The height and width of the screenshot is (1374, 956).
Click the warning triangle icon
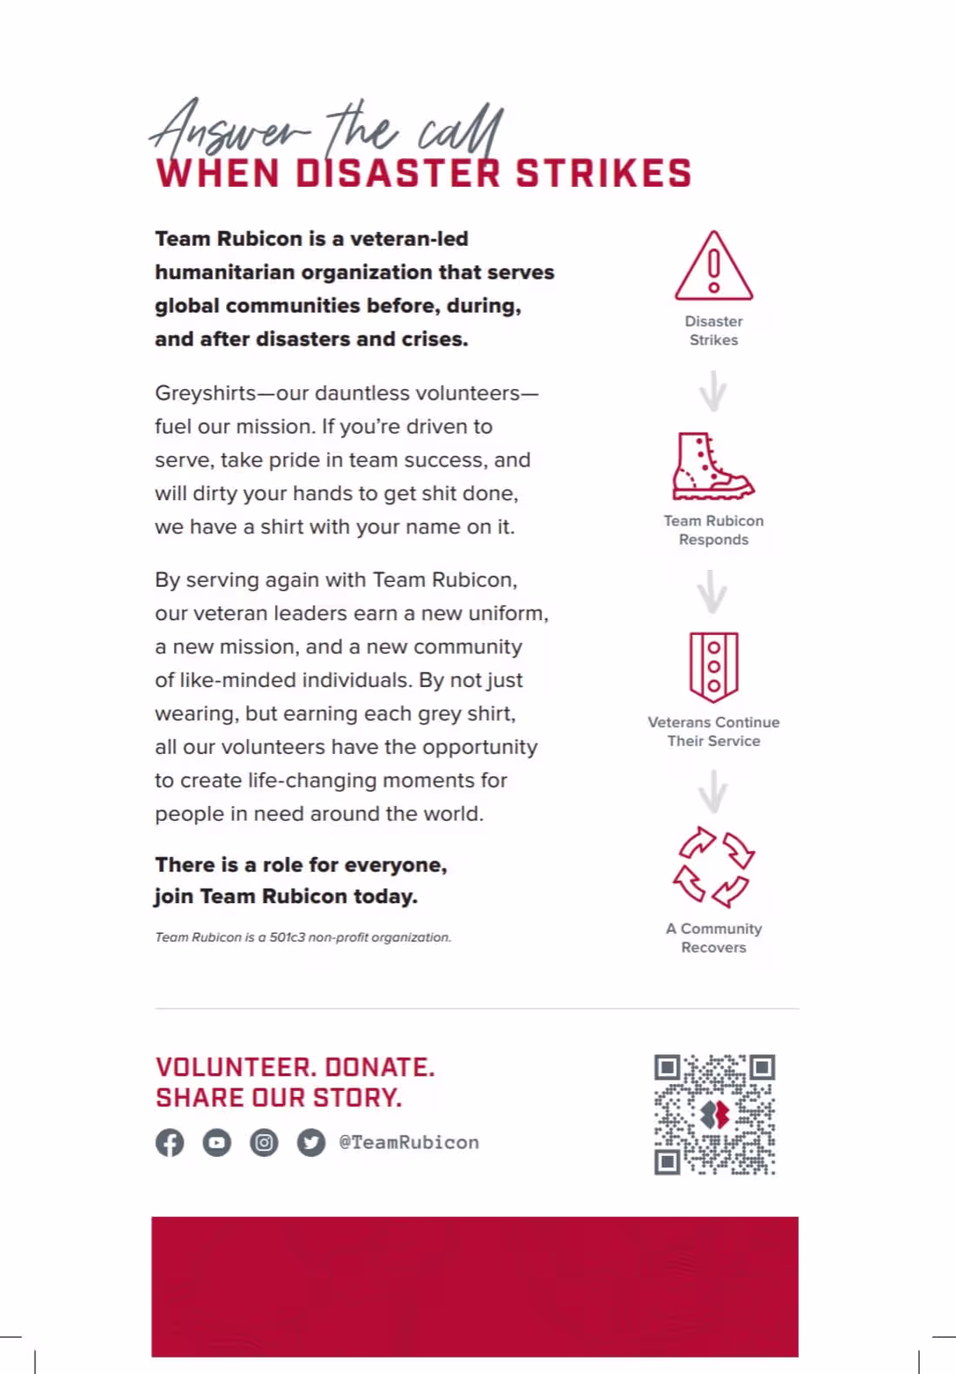pyautogui.click(x=714, y=268)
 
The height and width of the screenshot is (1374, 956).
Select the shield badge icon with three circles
pyautogui.click(x=714, y=666)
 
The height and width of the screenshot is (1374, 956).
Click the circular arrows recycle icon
pyautogui.click(x=714, y=866)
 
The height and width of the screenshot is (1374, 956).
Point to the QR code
pyautogui.click(x=714, y=1114)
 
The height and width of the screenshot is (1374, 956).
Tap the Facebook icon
pyautogui.click(x=170, y=1142)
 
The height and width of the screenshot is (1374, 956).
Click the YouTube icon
pyautogui.click(x=217, y=1142)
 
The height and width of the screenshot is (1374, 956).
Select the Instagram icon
pyautogui.click(x=264, y=1142)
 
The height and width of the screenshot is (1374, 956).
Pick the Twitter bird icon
pyautogui.click(x=311, y=1142)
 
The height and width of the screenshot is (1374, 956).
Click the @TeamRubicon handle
pyautogui.click(x=409, y=1142)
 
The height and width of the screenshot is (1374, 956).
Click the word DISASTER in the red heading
pyautogui.click(x=398, y=174)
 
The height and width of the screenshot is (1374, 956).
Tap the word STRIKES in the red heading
pyautogui.click(x=604, y=174)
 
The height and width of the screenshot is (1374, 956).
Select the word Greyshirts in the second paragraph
pyautogui.click(x=205, y=393)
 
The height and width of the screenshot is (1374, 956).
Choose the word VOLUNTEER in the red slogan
pyautogui.click(x=236, y=1067)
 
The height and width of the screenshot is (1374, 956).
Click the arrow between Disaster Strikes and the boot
pyautogui.click(x=713, y=391)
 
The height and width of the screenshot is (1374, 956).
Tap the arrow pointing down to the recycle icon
pyautogui.click(x=713, y=791)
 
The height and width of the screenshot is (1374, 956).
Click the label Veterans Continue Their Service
pyautogui.click(x=714, y=731)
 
